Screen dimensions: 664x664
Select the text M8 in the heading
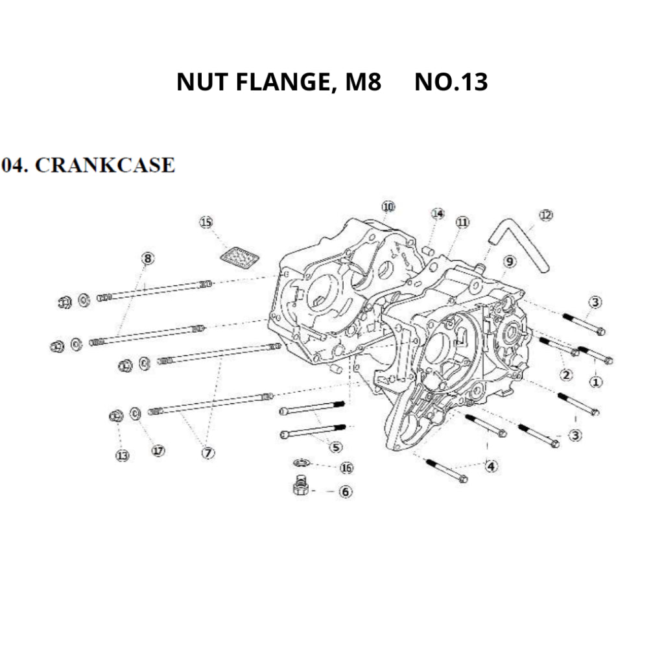click(363, 82)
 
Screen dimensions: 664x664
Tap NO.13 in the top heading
click(451, 82)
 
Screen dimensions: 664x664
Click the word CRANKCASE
click(104, 165)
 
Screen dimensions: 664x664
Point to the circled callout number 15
click(206, 223)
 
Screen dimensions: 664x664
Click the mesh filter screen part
click(239, 257)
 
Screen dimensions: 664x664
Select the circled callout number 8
click(148, 259)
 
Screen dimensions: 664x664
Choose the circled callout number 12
click(546, 215)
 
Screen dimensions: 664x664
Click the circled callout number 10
click(388, 207)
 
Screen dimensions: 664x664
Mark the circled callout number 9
click(510, 261)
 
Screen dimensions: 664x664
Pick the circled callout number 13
click(122, 456)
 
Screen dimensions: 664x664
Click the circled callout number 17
click(158, 451)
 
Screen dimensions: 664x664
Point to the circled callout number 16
click(346, 468)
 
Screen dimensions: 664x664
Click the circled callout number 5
click(335, 447)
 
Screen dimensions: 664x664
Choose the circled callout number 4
click(492, 466)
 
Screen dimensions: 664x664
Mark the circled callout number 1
click(596, 382)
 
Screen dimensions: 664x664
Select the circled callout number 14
click(438, 214)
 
